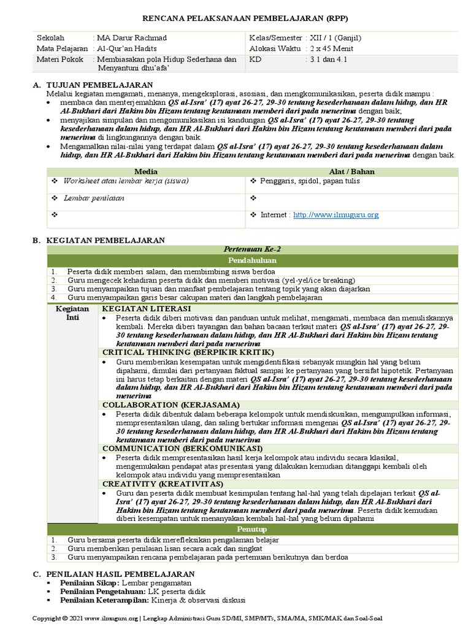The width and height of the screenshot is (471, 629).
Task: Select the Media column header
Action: pyautogui.click(x=146, y=171)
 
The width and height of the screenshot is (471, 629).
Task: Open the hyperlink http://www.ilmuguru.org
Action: pyautogui.click(x=336, y=215)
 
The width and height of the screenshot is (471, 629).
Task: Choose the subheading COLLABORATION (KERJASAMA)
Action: pyautogui.click(x=170, y=405)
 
